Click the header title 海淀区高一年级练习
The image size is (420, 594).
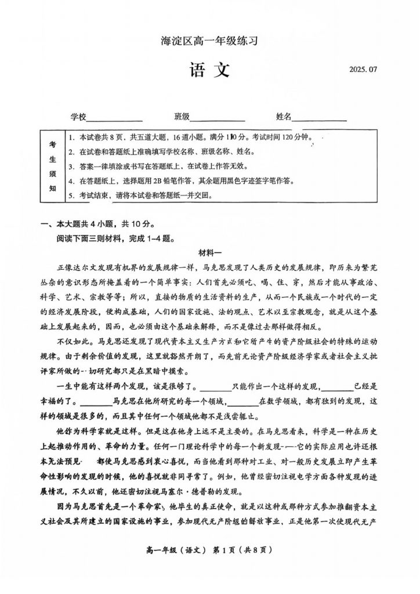(x=209, y=41)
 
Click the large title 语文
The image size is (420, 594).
(x=209, y=70)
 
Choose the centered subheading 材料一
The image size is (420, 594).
(x=210, y=252)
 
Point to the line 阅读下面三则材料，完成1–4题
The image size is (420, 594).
(x=115, y=237)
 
